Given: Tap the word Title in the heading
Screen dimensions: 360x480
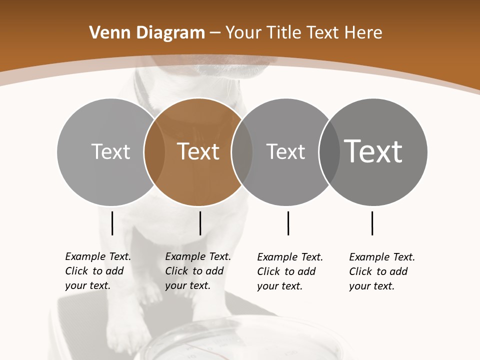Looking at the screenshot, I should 285,33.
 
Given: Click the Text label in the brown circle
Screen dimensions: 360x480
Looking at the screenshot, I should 198,151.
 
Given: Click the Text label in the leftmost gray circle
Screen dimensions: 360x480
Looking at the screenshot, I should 110,151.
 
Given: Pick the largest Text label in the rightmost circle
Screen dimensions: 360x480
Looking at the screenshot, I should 373,151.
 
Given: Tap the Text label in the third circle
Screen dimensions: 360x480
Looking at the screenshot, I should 285,151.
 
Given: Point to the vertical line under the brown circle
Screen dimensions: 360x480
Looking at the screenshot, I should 200,223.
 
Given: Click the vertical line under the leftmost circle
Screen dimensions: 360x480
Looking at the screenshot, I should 112,223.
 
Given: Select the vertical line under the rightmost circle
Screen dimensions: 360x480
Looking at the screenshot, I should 372,223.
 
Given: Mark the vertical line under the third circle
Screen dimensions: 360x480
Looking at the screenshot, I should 288,223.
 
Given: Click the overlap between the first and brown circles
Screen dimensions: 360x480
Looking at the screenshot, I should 154,151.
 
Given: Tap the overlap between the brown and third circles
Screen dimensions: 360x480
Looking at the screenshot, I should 242,151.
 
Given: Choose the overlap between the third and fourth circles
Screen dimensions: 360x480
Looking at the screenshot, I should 328,151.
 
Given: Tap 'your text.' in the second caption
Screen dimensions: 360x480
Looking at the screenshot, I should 187,285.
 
